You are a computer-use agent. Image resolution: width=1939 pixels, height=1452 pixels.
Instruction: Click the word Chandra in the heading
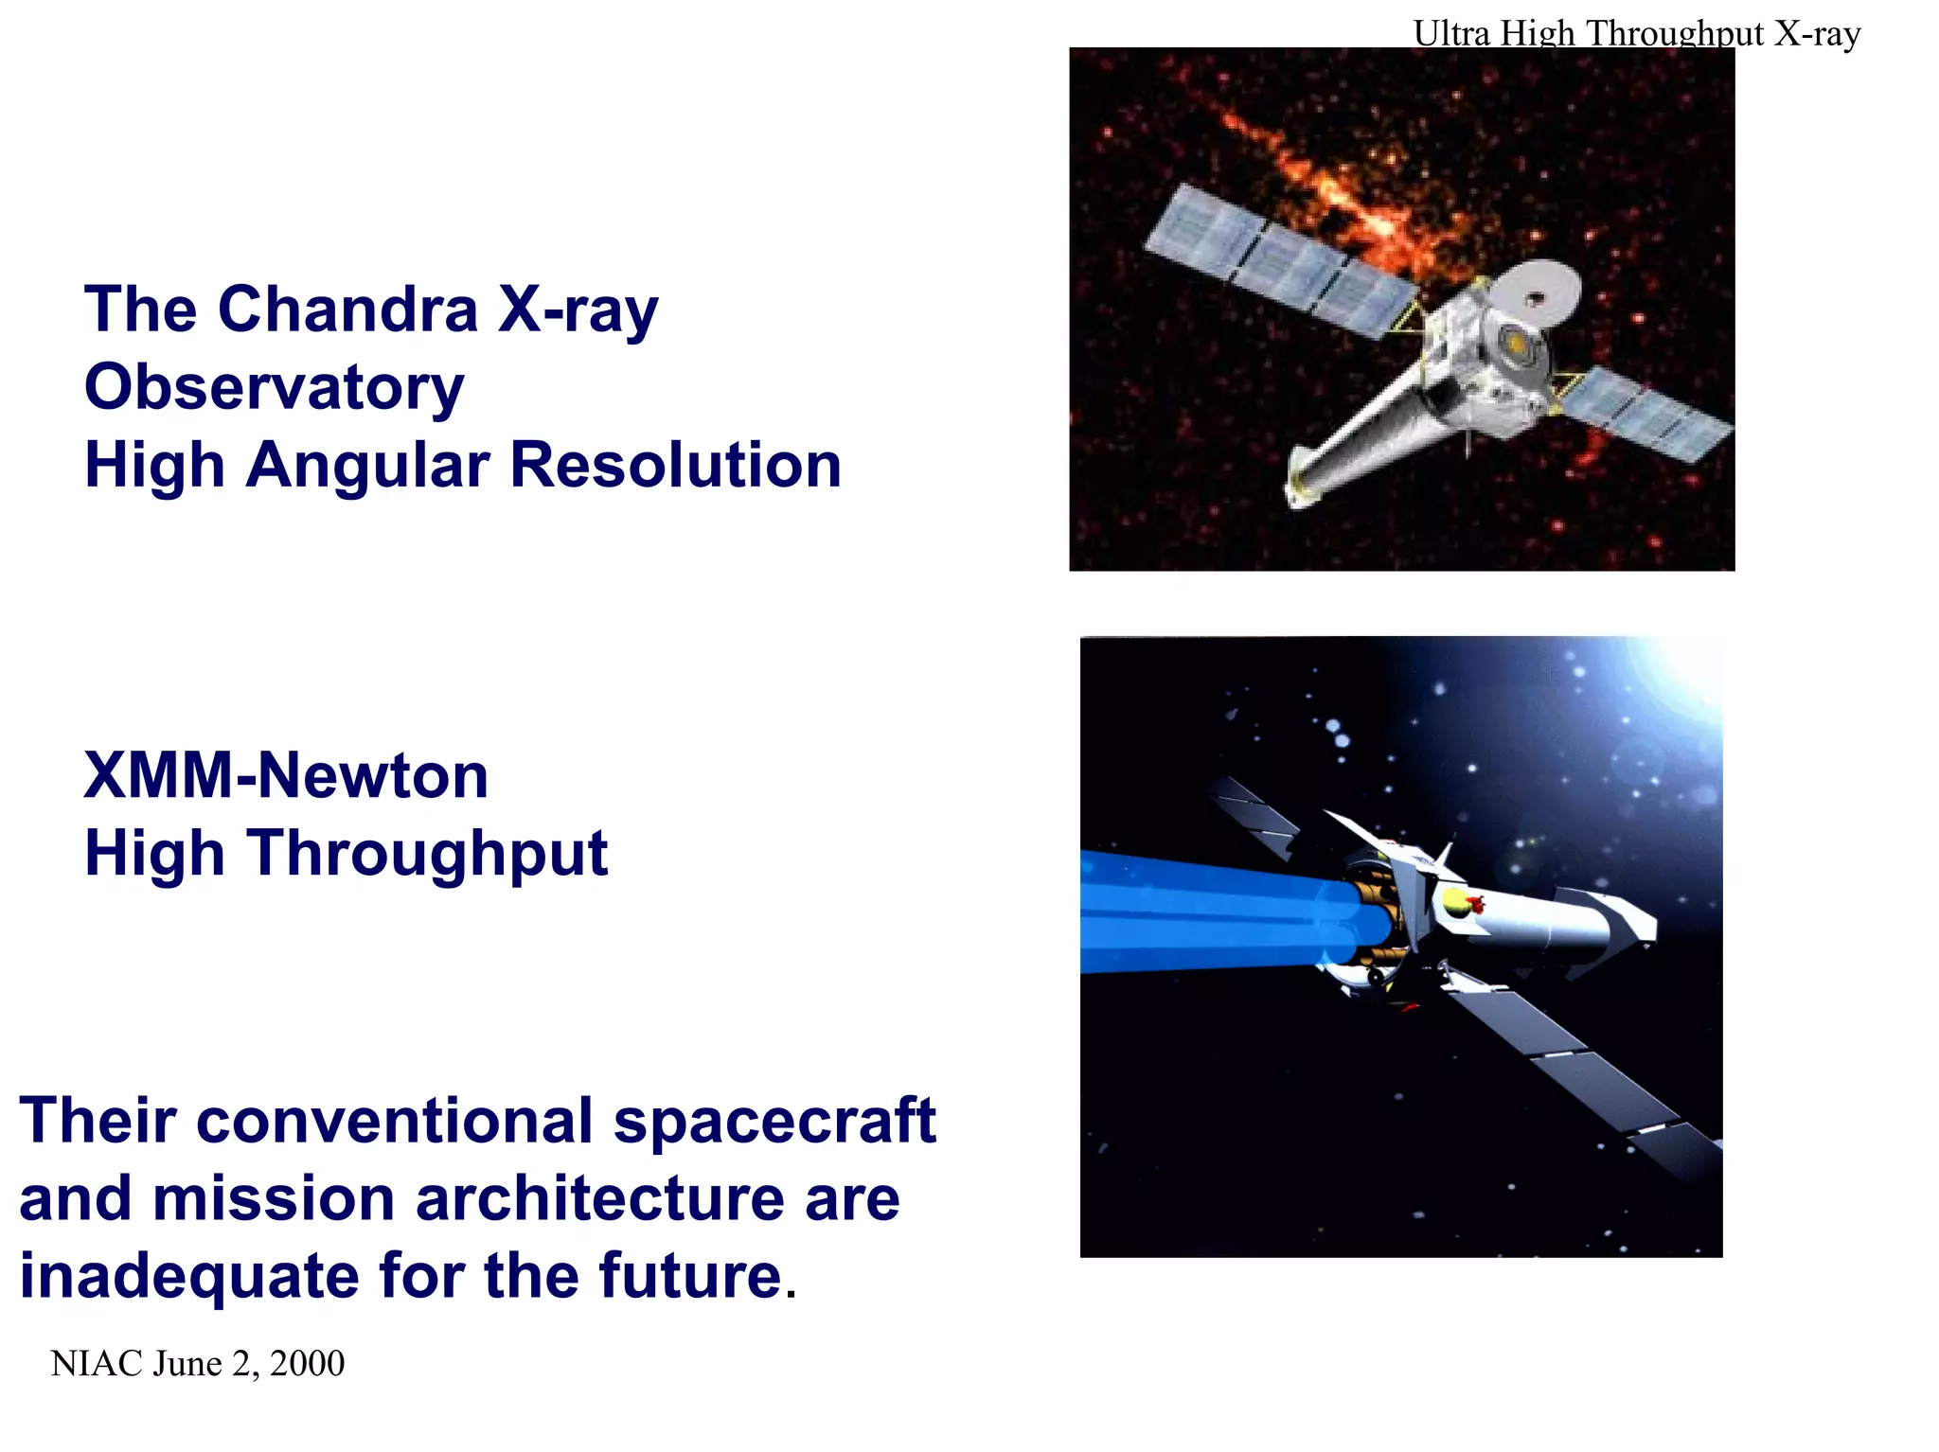pyautogui.click(x=347, y=310)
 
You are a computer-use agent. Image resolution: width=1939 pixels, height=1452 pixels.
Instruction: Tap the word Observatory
pyautogui.click(x=274, y=387)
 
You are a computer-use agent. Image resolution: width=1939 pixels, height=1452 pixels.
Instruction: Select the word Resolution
pyautogui.click(x=675, y=465)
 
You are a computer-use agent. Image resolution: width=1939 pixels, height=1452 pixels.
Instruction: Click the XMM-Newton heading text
pyautogui.click(x=285, y=775)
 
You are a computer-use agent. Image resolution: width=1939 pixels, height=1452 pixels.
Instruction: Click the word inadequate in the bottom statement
pyautogui.click(x=188, y=1275)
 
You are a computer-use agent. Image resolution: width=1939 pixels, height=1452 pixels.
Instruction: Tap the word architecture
pyautogui.click(x=600, y=1198)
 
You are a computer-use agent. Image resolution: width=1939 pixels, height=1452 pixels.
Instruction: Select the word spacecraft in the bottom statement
pyautogui.click(x=774, y=1121)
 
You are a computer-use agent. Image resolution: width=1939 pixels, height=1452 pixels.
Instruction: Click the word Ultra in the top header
pyautogui.click(x=1451, y=33)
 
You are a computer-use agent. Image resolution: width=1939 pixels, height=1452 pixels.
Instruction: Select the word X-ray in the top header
pyautogui.click(x=1817, y=33)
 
